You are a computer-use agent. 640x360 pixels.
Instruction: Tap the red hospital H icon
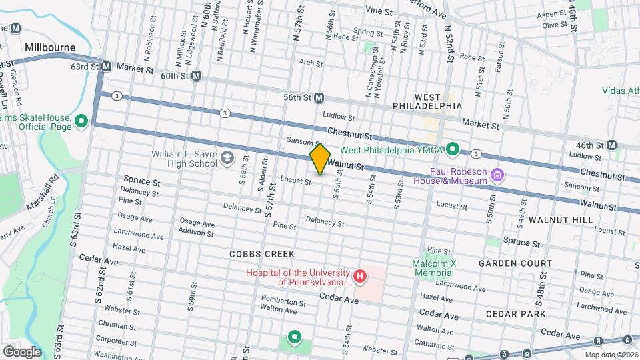pyautogui.click(x=360, y=275)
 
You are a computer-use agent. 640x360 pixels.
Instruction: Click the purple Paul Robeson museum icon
pyautogui.click(x=496, y=175)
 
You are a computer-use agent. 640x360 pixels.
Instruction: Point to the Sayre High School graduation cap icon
pyautogui.click(x=227, y=157)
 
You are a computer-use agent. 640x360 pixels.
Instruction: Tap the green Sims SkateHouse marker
pyautogui.click(x=81, y=121)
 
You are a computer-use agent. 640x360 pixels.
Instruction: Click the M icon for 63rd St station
pyautogui.click(x=106, y=67)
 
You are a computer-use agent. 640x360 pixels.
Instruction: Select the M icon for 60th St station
pyautogui.click(x=197, y=76)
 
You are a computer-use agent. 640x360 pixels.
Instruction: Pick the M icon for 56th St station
pyautogui.click(x=319, y=97)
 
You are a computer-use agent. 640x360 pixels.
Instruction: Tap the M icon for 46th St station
pyautogui.click(x=611, y=145)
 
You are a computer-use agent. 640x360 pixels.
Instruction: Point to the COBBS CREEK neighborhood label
pyautogui.click(x=261, y=254)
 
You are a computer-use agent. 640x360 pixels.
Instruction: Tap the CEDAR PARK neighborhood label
pyautogui.click(x=515, y=313)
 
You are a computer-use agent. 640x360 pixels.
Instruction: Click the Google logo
pyautogui.click(x=22, y=351)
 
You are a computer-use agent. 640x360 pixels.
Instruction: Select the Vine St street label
pyautogui.click(x=377, y=11)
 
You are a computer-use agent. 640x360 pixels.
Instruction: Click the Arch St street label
pyautogui.click(x=311, y=63)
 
